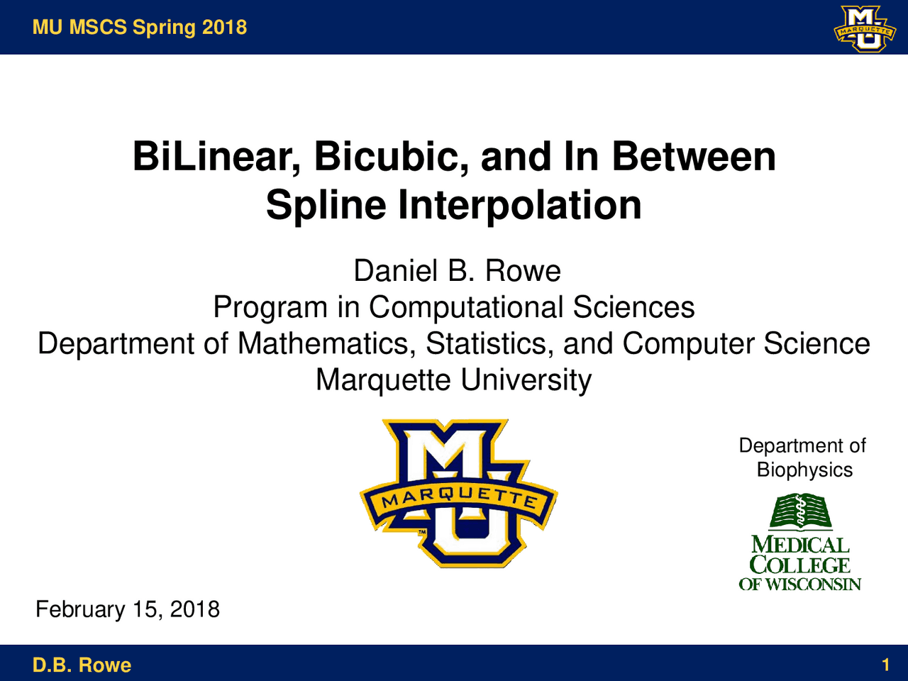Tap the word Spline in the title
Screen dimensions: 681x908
[326, 206]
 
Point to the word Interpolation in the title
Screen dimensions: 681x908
[520, 206]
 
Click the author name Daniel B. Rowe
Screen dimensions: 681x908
[457, 271]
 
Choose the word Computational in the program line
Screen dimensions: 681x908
[465, 307]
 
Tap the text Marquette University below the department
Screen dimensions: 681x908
[453, 380]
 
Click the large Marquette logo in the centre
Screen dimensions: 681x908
[459, 493]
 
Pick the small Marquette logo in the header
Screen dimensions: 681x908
[863, 28]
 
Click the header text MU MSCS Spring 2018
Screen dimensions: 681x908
[140, 28]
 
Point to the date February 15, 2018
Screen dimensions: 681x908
[128, 609]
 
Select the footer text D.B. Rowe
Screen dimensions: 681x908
[82, 665]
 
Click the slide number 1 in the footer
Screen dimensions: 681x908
[885, 665]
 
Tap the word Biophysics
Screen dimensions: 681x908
[804, 470]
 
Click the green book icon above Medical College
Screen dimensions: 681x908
[801, 512]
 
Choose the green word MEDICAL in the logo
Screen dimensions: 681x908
[800, 545]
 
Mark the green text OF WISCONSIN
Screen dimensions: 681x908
[800, 585]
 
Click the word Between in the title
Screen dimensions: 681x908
[693, 157]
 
